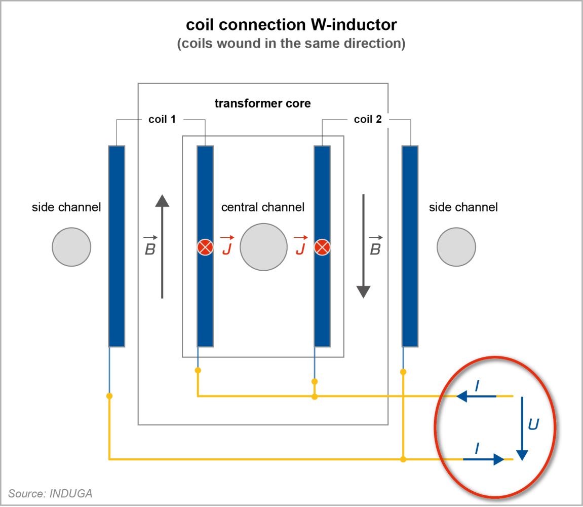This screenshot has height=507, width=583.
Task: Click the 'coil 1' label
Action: [x=162, y=119]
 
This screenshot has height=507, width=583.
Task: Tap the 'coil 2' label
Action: [x=368, y=119]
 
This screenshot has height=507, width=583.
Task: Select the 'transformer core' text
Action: [x=262, y=103]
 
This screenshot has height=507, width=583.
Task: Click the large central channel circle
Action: [x=263, y=247]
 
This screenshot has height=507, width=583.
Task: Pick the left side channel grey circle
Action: [x=71, y=247]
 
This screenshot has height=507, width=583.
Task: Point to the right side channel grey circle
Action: [x=456, y=247]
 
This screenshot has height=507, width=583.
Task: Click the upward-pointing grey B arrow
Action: [x=162, y=246]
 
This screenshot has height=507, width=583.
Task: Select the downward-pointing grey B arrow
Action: [x=363, y=246]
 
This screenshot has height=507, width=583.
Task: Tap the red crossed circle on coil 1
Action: [x=205, y=247]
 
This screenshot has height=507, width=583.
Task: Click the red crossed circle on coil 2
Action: [x=322, y=247]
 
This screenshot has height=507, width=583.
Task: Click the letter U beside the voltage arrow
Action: [x=533, y=424]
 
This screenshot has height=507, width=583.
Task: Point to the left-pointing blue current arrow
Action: [x=476, y=396]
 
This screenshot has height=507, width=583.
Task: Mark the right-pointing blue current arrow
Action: [x=484, y=459]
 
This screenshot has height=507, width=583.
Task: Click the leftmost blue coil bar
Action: [x=116, y=246]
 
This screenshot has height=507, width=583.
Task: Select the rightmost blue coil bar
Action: [x=410, y=246]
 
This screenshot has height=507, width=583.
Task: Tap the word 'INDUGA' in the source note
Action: [x=70, y=493]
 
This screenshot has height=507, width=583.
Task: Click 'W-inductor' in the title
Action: [x=354, y=25]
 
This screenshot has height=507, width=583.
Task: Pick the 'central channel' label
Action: [x=263, y=207]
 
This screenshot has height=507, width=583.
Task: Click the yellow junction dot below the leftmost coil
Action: [x=109, y=396]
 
